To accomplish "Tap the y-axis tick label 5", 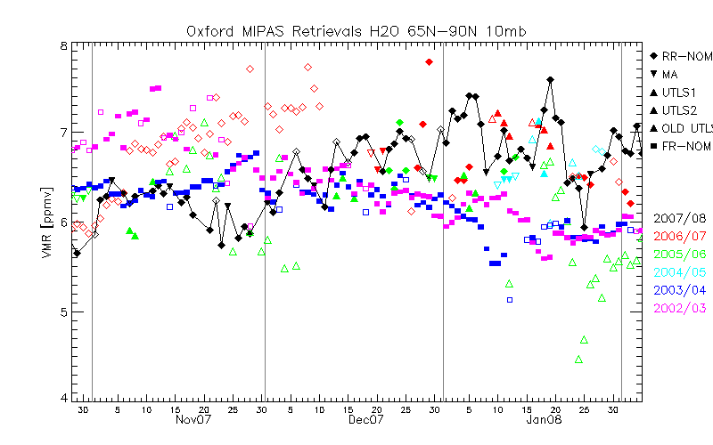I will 62,311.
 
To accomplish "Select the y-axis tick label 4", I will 62,398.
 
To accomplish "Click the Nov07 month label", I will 193,419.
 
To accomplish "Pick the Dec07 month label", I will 365,419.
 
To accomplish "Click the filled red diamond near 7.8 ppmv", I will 430,61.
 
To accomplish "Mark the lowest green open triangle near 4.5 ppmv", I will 579,360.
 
